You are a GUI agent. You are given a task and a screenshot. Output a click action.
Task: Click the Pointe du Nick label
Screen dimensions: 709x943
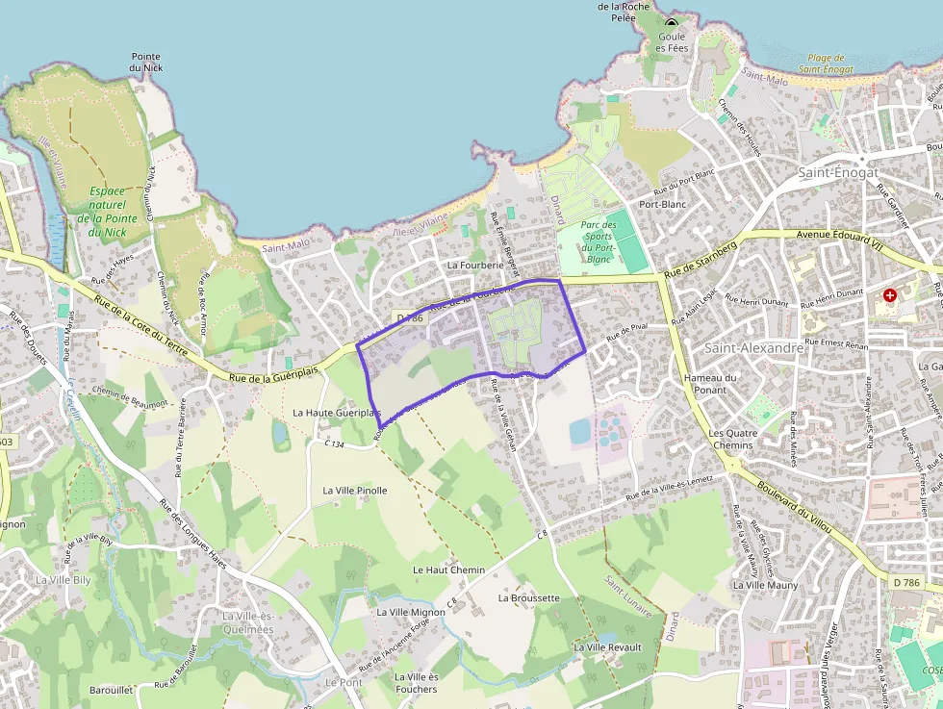[x=146, y=63]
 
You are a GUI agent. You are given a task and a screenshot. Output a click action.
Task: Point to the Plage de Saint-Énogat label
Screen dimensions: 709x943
[x=826, y=63]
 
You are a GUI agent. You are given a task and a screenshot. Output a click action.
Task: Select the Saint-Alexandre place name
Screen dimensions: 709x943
[x=754, y=347]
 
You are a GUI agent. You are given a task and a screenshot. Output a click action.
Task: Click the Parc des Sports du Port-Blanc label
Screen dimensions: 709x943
[x=599, y=241]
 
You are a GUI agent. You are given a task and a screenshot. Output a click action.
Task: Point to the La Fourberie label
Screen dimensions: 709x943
[x=475, y=265]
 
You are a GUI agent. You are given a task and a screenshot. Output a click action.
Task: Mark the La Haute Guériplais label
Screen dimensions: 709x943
[x=330, y=413]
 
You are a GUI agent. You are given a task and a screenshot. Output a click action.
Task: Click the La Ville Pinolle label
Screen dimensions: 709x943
[x=355, y=491]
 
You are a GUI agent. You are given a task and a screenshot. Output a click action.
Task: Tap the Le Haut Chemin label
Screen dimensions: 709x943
[x=448, y=570]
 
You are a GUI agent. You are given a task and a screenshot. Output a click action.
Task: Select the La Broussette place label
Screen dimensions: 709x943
[x=528, y=597]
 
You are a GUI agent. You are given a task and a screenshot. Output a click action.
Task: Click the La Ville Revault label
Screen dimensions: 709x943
[x=607, y=647]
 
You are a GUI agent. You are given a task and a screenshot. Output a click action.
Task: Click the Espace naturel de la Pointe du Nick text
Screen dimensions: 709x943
[x=107, y=212]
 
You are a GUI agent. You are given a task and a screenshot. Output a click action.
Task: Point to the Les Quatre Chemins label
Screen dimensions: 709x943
[x=731, y=439]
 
